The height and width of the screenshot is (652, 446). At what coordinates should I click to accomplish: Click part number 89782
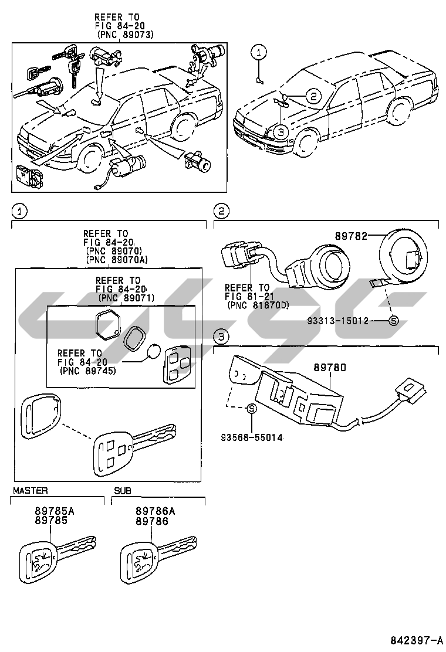tap(351, 236)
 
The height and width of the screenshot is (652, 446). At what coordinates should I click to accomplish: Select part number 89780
tap(329, 368)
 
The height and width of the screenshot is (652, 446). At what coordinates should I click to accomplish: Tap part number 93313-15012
tap(338, 321)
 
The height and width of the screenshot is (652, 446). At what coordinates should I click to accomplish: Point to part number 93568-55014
tap(252, 437)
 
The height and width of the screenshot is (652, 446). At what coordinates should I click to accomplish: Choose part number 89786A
tap(155, 511)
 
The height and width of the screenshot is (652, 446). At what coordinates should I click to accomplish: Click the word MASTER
tap(31, 491)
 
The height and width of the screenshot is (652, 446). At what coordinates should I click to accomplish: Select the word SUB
tap(123, 491)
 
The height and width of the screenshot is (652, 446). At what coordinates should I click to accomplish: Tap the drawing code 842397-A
tap(416, 639)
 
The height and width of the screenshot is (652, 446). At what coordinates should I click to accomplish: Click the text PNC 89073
tap(125, 35)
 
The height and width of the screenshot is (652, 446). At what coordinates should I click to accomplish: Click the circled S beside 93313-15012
tap(394, 321)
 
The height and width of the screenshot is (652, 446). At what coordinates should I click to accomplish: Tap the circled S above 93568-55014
tap(252, 409)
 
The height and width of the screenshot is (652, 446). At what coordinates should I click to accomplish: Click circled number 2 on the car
tap(313, 97)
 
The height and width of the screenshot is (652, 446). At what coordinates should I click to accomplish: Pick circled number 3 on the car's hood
tap(281, 133)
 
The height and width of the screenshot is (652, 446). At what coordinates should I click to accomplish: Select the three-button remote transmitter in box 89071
tap(177, 364)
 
